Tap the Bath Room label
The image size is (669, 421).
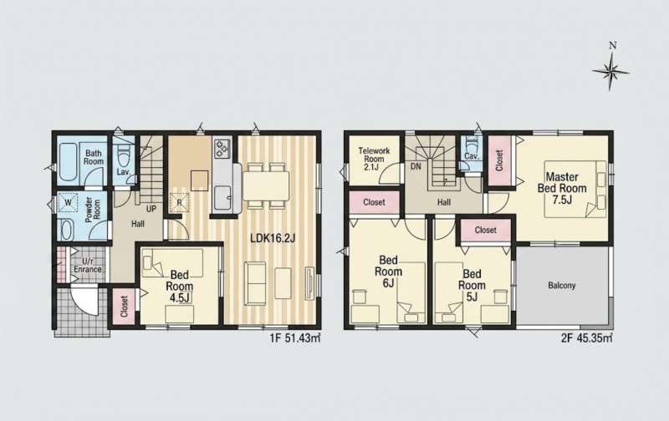tap(94, 157)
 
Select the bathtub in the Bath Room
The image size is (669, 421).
tap(68, 161)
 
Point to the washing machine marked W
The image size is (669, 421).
tap(69, 202)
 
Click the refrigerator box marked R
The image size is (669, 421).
tap(179, 202)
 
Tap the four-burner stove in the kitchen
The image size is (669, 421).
tap(222, 149)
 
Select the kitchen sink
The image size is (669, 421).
tap(222, 197)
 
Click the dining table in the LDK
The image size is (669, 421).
tap(266, 185)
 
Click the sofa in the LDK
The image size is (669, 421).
tap(255, 281)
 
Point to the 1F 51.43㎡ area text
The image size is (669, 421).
tap(295, 338)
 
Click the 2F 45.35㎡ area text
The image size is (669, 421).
tap(587, 338)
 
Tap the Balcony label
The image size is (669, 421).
tap(562, 286)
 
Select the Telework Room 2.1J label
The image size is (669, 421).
tap(374, 159)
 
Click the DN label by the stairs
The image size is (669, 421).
tap(416, 166)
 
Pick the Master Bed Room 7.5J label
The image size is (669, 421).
tap(562, 188)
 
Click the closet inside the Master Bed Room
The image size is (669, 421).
tap(500, 160)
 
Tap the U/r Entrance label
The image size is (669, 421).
tap(88, 265)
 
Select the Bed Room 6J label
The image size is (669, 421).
tap(388, 271)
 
